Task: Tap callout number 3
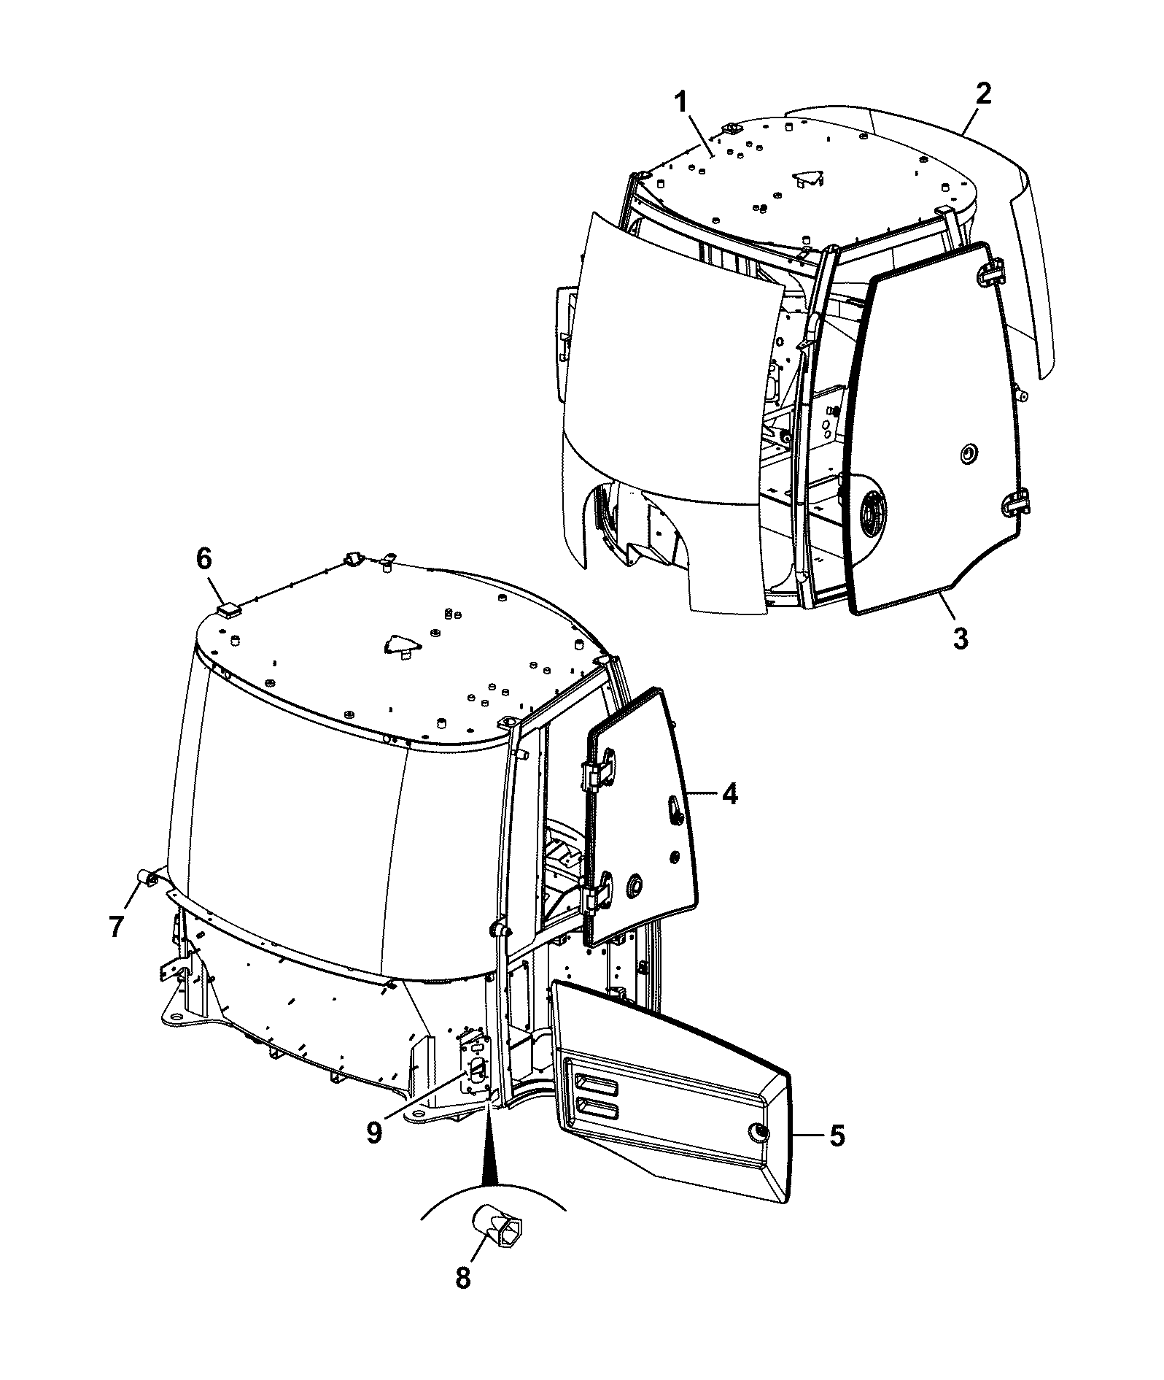click(x=961, y=638)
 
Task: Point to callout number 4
click(x=730, y=793)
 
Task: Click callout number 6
click(x=203, y=560)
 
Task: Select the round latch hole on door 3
click(x=968, y=454)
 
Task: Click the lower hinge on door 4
click(x=597, y=893)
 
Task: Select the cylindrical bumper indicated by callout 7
click(x=144, y=876)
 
